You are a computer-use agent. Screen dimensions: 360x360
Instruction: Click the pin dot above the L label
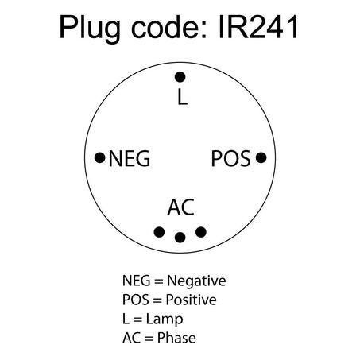(180, 77)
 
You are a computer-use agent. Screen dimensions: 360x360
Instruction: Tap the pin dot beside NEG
(100, 158)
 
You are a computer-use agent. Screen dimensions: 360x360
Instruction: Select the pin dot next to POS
(261, 157)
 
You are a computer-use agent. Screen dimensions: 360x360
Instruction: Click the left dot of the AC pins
(159, 232)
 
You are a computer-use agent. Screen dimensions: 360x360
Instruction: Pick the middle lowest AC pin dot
(180, 238)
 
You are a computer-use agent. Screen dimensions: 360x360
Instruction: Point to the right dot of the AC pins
(201, 232)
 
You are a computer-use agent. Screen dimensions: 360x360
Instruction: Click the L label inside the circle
(182, 97)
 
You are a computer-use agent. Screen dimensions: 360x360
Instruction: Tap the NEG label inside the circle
(130, 158)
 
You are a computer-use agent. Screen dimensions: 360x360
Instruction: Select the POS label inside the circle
(230, 158)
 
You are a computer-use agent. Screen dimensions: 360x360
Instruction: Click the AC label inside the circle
(181, 207)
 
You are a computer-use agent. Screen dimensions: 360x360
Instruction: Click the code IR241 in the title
(258, 27)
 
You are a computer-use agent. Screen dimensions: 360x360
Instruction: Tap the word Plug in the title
(90, 29)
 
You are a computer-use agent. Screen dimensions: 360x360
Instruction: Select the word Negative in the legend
(196, 281)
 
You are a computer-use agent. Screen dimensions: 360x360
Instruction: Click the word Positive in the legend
(191, 300)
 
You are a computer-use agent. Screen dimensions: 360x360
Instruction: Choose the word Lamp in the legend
(165, 319)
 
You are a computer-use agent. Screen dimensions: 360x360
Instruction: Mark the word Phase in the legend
(176, 338)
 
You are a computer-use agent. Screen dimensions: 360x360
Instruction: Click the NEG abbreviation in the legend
(136, 281)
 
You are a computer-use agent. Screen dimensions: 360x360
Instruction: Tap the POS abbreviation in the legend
(136, 300)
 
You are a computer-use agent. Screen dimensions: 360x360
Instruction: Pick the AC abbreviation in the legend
(132, 338)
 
